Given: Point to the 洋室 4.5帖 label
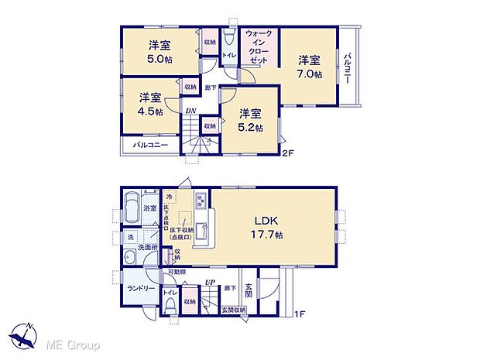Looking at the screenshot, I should (151, 105).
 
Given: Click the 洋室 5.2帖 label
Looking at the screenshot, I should (249, 118).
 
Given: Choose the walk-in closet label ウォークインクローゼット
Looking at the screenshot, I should (256, 46).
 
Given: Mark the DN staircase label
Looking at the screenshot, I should (190, 111).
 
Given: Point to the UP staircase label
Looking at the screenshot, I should (209, 283).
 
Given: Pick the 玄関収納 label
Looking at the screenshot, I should (231, 310).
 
